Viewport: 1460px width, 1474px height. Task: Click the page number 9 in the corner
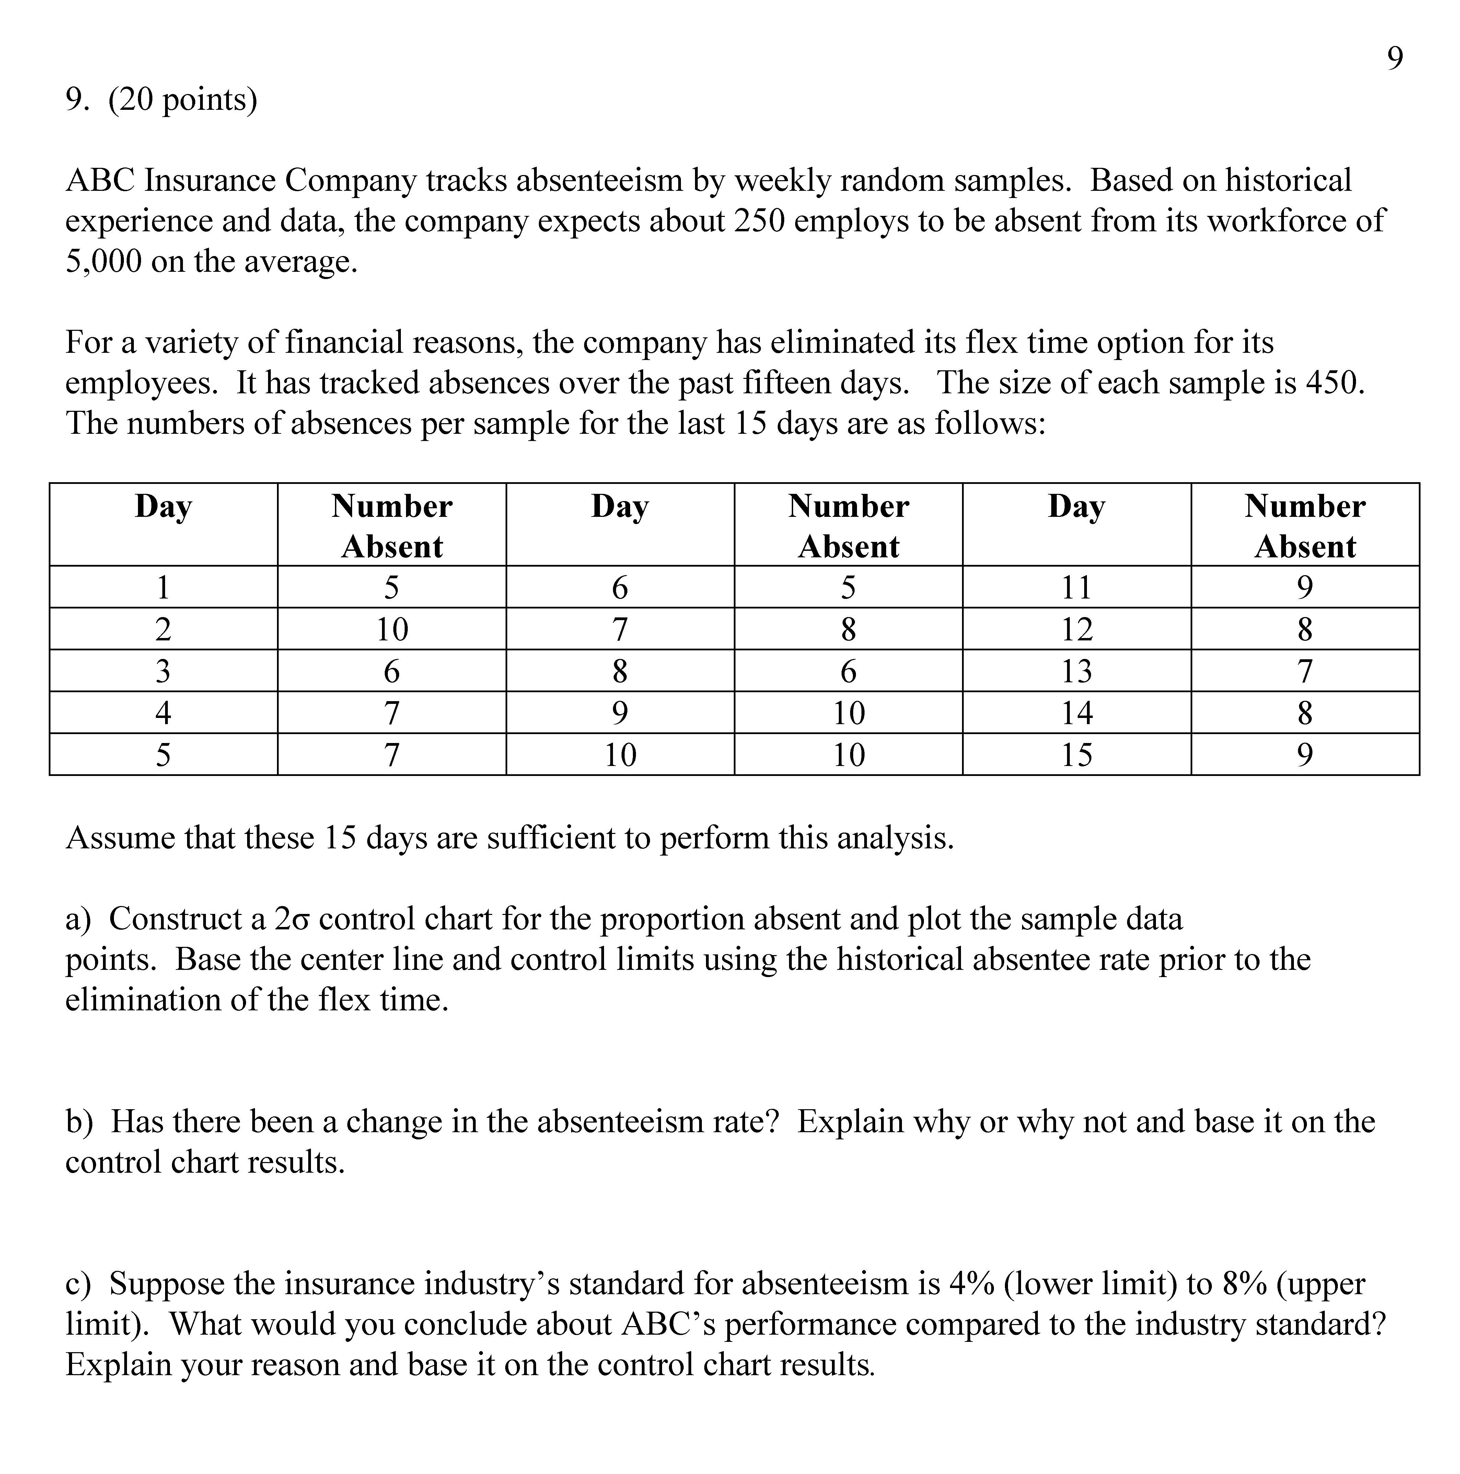(x=1394, y=59)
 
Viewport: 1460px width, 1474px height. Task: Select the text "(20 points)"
(x=183, y=99)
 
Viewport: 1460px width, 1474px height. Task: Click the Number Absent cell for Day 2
(x=392, y=629)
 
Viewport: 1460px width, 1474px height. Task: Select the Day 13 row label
(x=1076, y=671)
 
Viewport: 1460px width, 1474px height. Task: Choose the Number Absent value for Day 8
(x=848, y=671)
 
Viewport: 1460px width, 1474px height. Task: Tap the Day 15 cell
(x=1076, y=755)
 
